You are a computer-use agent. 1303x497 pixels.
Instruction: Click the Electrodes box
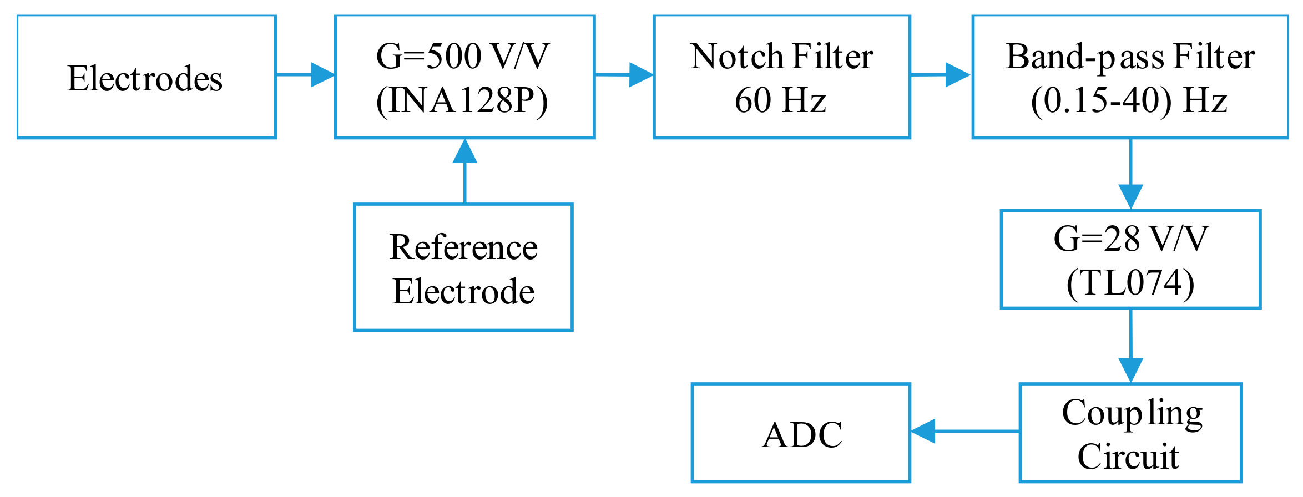coord(146,77)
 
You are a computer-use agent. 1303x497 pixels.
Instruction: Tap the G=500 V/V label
coord(462,57)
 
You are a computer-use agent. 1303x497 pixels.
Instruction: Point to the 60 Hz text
coord(780,100)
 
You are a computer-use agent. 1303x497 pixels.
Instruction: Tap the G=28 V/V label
coord(1130,239)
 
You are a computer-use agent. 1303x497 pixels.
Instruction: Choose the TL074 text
coord(1130,283)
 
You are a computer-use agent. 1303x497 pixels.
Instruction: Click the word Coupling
coord(1132,413)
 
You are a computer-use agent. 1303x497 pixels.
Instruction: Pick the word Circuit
coord(1128,457)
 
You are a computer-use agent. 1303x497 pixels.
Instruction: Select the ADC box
coord(801,433)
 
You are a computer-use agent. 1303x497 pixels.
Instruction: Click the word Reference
coord(463,247)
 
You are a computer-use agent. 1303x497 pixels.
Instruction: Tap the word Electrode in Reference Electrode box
coord(463,291)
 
